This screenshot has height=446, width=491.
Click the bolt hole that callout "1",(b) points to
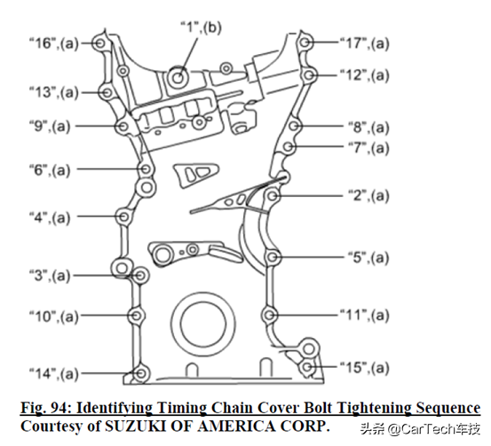tap(178, 77)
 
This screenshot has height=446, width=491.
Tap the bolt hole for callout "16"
tap(100, 43)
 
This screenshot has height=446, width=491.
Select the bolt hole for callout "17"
tap(305, 43)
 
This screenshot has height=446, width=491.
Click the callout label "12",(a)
tap(365, 75)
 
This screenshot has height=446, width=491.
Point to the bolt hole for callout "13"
tap(107, 92)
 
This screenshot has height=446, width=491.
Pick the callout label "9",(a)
tap(50, 127)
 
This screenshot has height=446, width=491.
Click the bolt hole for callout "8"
tap(293, 126)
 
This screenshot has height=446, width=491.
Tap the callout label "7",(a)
tap(368, 147)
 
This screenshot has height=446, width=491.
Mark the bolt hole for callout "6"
tap(146, 168)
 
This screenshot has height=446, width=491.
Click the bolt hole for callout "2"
tap(272, 196)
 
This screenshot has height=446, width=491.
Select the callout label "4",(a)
tap(50, 217)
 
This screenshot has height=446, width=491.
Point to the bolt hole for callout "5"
tap(272, 257)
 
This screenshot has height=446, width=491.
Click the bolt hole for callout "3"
tap(140, 276)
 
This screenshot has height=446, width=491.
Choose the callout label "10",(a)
tap(54, 317)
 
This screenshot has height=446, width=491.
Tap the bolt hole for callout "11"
tap(269, 315)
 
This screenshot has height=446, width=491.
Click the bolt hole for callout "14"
tap(140, 373)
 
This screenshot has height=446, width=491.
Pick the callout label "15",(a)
tap(365, 367)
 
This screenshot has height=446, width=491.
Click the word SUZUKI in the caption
tap(135, 426)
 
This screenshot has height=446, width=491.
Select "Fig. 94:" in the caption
tap(46, 408)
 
